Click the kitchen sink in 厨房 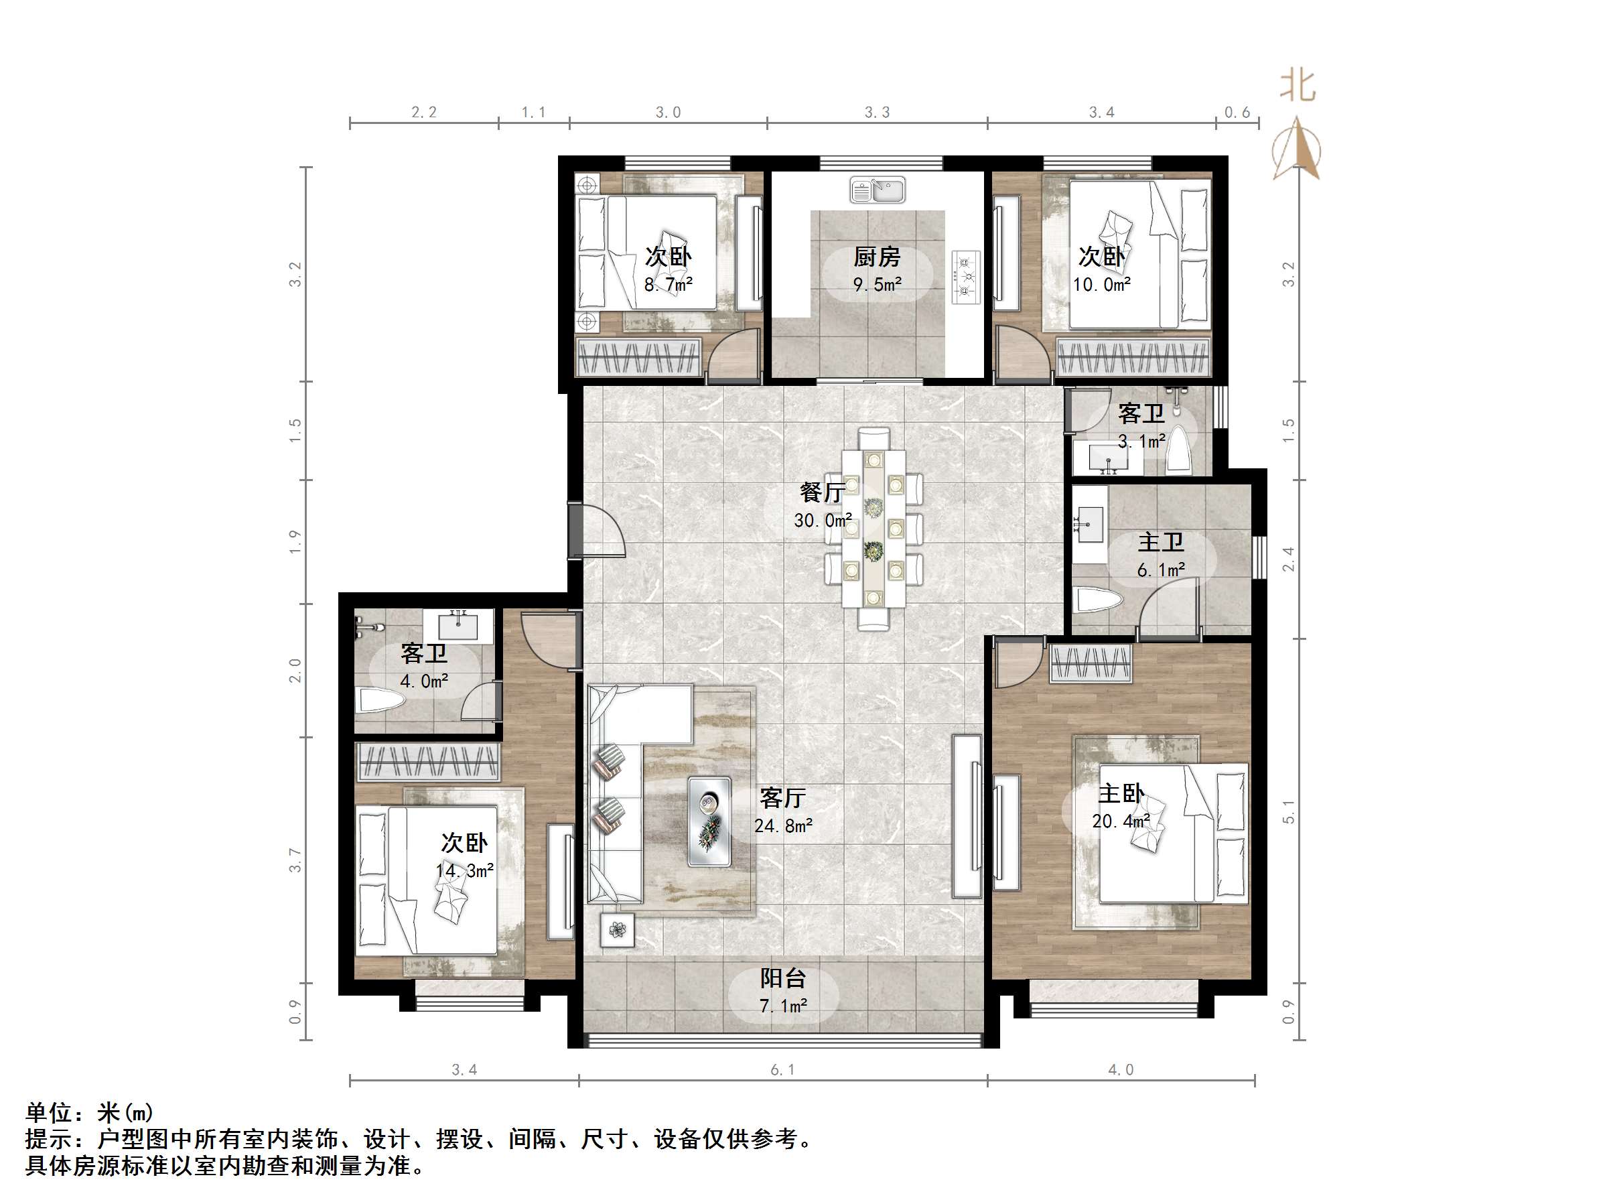click(878, 190)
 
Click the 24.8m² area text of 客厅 click(783, 825)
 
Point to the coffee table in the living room click(709, 821)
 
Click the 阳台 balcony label click(783, 978)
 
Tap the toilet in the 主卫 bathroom click(1099, 600)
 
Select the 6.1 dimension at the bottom click(783, 1070)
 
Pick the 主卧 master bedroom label click(1121, 793)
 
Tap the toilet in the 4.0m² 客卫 click(381, 701)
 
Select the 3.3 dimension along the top click(876, 113)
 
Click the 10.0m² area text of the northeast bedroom click(1101, 285)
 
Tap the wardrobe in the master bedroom click(1091, 663)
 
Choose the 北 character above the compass click(1298, 86)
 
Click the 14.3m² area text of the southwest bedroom click(464, 870)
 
